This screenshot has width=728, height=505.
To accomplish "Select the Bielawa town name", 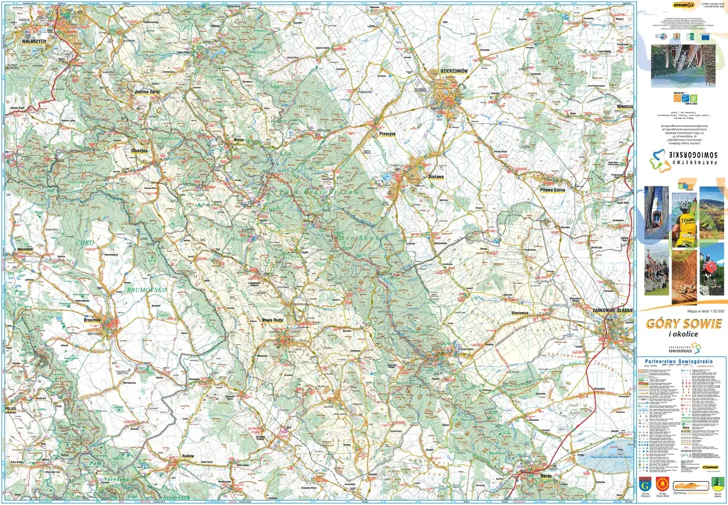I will tap(436, 177).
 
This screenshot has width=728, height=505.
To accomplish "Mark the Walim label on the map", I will tap(238, 139).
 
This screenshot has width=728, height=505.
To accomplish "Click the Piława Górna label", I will tap(552, 190).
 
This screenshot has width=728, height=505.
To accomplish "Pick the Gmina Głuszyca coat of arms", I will tap(646, 484).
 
